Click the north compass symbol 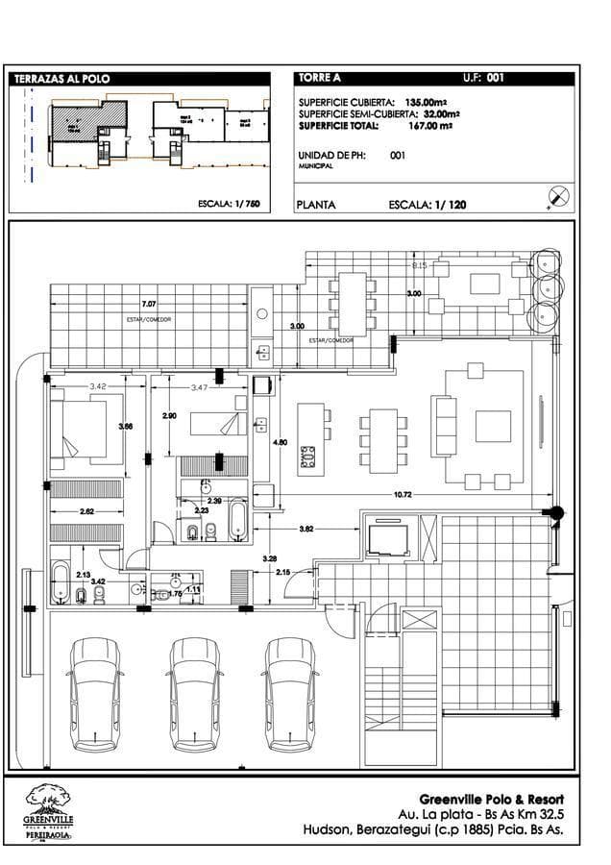pyautogui.click(x=558, y=197)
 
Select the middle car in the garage pyautogui.click(x=195, y=692)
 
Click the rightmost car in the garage pyautogui.click(x=290, y=692)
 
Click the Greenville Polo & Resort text pyautogui.click(x=492, y=799)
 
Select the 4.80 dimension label pyautogui.click(x=281, y=442)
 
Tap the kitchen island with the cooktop pyautogui.click(x=311, y=436)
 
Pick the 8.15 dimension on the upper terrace pyautogui.click(x=420, y=264)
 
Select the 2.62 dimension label pyautogui.click(x=86, y=511)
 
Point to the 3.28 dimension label pyautogui.click(x=271, y=557)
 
